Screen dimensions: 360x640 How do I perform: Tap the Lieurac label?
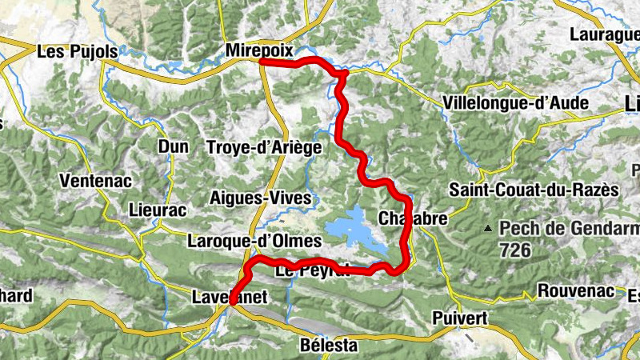click(157, 210)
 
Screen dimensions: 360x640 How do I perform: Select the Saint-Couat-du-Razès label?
click(534, 190)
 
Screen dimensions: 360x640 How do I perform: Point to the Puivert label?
click(459, 318)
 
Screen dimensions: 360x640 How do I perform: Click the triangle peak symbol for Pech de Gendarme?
click(488, 229)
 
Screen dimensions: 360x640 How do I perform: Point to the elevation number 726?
click(515, 250)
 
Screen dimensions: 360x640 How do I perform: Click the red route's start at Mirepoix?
click(262, 61)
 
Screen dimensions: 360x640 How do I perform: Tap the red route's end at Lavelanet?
click(232, 302)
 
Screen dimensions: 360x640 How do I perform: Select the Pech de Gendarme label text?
click(568, 228)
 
